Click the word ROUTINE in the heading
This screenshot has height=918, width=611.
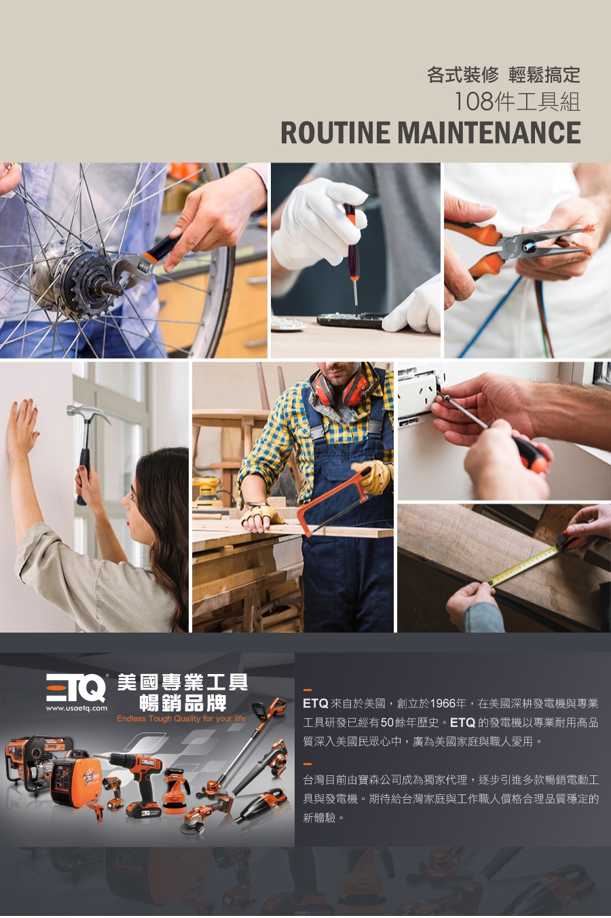(x=335, y=133)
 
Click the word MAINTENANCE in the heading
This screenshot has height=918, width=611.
(x=489, y=133)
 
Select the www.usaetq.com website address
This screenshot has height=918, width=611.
(x=77, y=709)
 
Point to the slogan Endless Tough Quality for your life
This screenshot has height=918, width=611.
(x=181, y=718)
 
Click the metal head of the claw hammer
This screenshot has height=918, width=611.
(x=88, y=412)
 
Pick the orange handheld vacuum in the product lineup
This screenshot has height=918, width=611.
(x=261, y=803)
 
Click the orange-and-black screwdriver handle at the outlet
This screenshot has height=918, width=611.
(x=530, y=453)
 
